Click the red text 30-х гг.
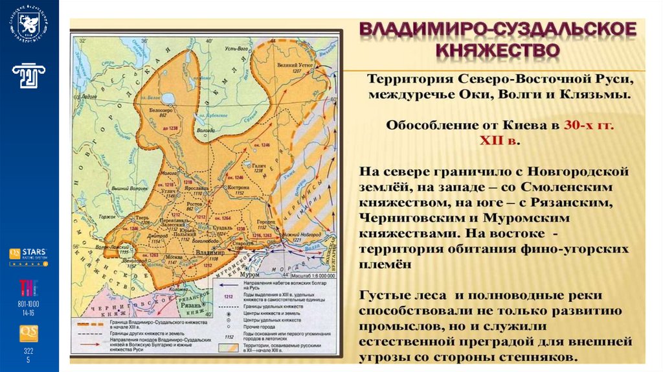[x=588, y=126]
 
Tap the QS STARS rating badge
[x=28, y=255]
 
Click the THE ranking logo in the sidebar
[x=28, y=286]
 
